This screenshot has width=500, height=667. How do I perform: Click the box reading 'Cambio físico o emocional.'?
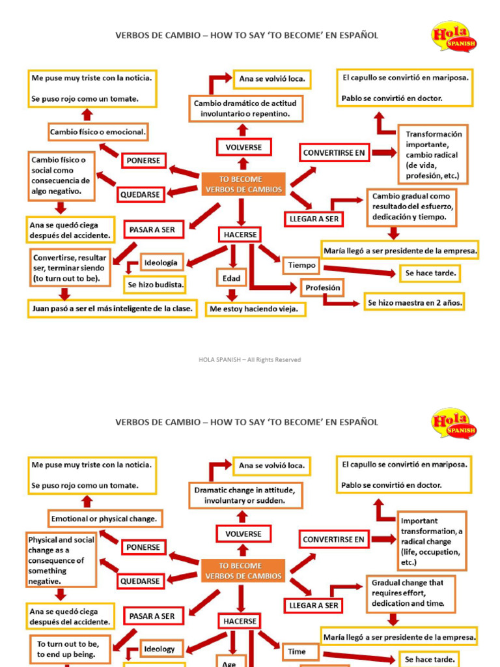[x=98, y=132]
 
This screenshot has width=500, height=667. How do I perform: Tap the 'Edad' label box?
[x=232, y=278]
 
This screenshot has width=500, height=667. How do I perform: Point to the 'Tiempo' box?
[x=301, y=265]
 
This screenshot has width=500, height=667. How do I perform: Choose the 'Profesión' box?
[x=322, y=287]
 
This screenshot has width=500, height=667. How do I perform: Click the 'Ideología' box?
[x=161, y=263]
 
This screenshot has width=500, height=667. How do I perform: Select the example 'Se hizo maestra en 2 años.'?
[x=415, y=303]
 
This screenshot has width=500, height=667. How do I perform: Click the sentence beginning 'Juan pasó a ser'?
[x=113, y=309]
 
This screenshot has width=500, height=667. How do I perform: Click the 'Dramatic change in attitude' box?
[x=245, y=495]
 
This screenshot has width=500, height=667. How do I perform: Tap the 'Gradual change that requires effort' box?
[x=411, y=593]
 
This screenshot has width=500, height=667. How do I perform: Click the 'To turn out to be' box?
[x=67, y=649]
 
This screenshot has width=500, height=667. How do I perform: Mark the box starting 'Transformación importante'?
[x=433, y=155]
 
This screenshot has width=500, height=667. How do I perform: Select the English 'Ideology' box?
[x=160, y=649]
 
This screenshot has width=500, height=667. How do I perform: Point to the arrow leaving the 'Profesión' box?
[x=339, y=302]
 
